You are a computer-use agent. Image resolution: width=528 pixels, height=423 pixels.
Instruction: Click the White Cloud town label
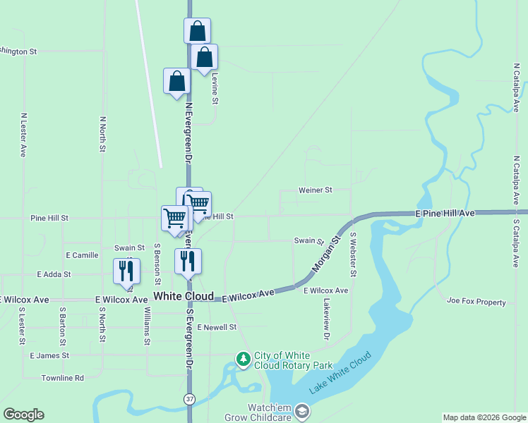(x=184, y=297)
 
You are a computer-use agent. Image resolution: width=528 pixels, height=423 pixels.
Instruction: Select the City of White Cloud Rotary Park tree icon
(x=243, y=360)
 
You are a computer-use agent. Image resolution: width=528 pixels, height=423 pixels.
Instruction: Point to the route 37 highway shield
(x=190, y=399)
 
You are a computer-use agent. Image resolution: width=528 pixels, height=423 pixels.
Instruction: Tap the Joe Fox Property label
(x=476, y=302)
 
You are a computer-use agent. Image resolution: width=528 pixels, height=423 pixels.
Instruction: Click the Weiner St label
(x=315, y=190)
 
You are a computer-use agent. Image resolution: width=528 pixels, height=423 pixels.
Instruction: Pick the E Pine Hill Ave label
(x=446, y=212)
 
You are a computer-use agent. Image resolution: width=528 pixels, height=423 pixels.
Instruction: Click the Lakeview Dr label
(x=326, y=319)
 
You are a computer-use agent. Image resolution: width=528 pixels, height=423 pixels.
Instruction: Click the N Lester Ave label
(x=23, y=135)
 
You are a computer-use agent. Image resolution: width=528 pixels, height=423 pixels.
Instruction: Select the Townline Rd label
(x=62, y=378)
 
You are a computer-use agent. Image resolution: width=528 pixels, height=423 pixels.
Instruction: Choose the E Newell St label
(x=217, y=327)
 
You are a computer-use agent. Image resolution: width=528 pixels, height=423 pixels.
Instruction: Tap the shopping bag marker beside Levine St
(x=204, y=57)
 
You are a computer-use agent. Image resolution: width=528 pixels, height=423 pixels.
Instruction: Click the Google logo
(x=23, y=415)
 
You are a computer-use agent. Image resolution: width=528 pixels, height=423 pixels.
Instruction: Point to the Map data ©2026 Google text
(x=484, y=417)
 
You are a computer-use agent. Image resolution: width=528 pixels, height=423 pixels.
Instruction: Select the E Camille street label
(x=82, y=255)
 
